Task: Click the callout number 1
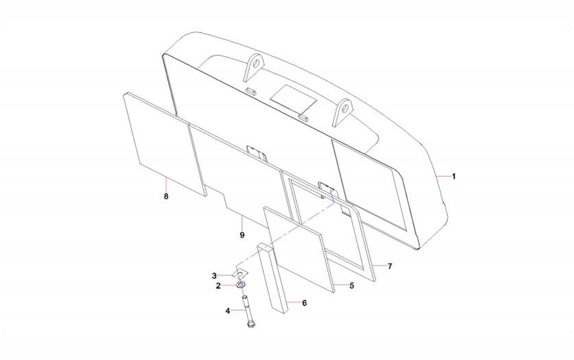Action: (454, 176)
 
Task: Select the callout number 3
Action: (214, 275)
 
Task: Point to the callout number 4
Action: (228, 311)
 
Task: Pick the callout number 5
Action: (352, 285)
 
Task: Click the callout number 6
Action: (304, 303)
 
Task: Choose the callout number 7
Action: (390, 267)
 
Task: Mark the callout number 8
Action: (166, 196)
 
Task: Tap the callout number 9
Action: (242, 235)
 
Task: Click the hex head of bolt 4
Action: (251, 324)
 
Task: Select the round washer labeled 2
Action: (240, 284)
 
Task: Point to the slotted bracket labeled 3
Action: (241, 273)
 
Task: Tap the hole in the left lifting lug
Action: (257, 62)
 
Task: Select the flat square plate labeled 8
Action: (163, 144)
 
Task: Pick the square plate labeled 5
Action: (294, 250)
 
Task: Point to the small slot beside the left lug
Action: (252, 91)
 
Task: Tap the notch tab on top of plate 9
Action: (257, 152)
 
